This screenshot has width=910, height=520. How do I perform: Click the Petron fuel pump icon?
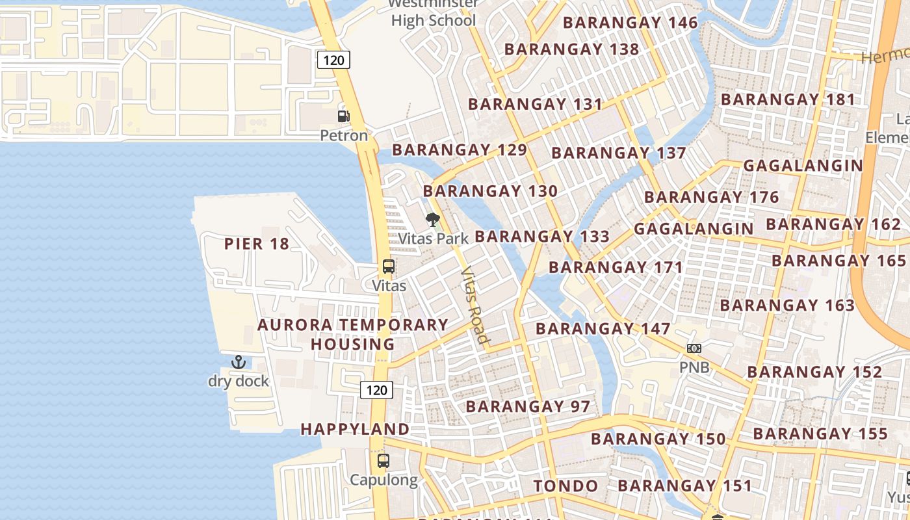click(x=343, y=116)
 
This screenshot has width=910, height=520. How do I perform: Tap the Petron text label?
click(x=344, y=136)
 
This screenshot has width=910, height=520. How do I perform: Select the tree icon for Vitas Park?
click(x=432, y=220)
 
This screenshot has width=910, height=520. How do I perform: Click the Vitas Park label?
click(x=434, y=239)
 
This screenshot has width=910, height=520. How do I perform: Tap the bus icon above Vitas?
click(x=389, y=266)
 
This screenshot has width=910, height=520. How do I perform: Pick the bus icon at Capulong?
click(x=383, y=461)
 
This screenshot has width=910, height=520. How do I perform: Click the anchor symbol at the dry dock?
click(x=239, y=362)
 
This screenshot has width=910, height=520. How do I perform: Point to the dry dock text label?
click(x=239, y=381)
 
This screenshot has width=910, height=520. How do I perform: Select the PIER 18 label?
click(x=257, y=244)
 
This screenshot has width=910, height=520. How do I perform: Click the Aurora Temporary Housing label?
click(x=353, y=334)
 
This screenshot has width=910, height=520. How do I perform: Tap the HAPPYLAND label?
click(x=355, y=429)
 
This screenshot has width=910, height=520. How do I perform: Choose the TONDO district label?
click(x=565, y=486)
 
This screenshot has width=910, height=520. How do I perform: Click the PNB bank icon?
click(x=694, y=348)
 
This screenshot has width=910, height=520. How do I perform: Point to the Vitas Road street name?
click(x=474, y=304)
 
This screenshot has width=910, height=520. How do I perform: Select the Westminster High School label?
click(x=434, y=13)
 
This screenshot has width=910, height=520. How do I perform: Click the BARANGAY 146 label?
click(x=630, y=23)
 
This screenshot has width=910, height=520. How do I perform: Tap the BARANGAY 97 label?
click(x=528, y=407)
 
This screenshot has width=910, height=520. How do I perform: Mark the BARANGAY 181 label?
click(x=788, y=99)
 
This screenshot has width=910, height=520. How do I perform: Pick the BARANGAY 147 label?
click(x=603, y=328)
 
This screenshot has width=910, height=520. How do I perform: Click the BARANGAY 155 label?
click(x=820, y=434)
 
